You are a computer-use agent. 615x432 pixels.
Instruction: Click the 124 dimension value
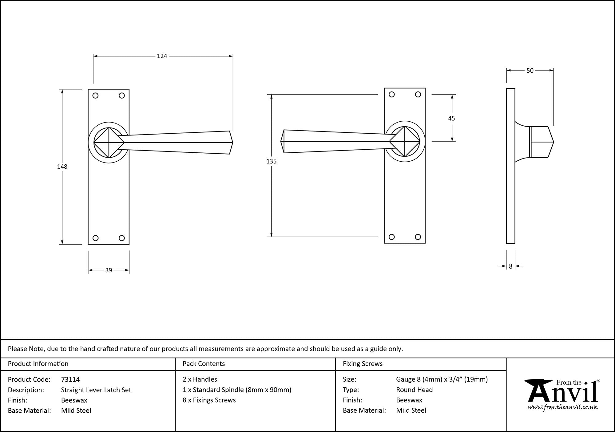162,56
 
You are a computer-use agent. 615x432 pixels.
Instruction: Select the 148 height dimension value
62,167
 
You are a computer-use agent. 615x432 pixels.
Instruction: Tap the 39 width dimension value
109,270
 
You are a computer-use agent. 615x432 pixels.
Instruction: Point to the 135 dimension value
272,161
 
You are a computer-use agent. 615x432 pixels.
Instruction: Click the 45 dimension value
451,118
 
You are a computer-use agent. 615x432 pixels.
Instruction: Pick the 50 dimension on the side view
530,71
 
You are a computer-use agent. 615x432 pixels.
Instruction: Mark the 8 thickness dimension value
510,266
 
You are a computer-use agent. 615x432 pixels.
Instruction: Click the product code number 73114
70,379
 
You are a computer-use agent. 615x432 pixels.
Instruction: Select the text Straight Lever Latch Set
96,390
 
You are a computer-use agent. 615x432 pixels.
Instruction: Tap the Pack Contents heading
204,364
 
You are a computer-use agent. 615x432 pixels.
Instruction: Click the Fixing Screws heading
363,364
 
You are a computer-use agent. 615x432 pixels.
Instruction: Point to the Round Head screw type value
414,390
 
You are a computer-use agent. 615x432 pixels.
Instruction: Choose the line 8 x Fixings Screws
209,400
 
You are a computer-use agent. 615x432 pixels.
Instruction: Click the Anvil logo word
563,393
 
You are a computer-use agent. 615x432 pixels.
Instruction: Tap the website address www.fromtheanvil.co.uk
563,407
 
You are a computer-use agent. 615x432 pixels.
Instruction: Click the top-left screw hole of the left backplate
95,96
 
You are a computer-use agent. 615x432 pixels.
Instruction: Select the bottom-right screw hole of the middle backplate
418,237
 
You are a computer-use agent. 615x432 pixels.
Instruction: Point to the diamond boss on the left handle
109,143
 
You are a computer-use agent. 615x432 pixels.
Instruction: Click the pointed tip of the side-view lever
553,142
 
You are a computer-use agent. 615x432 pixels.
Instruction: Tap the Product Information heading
38,364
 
